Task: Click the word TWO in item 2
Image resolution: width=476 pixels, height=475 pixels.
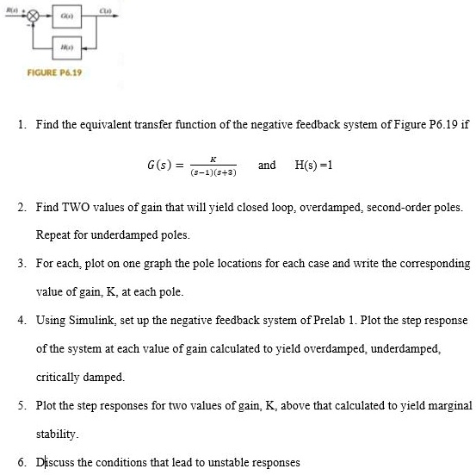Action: tap(75, 209)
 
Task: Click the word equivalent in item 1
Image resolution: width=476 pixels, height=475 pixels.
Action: tap(101, 124)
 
